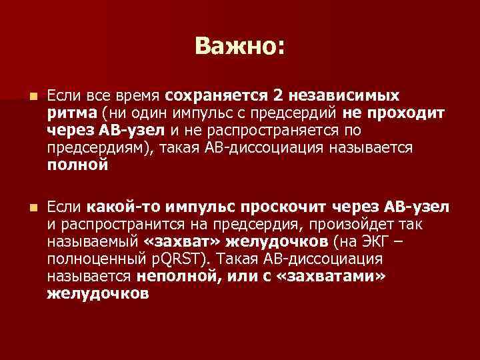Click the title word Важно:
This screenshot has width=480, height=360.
pos(239,46)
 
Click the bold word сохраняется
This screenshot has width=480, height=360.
pos(215,99)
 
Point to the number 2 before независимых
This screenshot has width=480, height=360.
pos(279,99)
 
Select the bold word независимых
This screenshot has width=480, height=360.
pos(345,99)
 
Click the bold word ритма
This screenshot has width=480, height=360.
pos(71,115)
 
